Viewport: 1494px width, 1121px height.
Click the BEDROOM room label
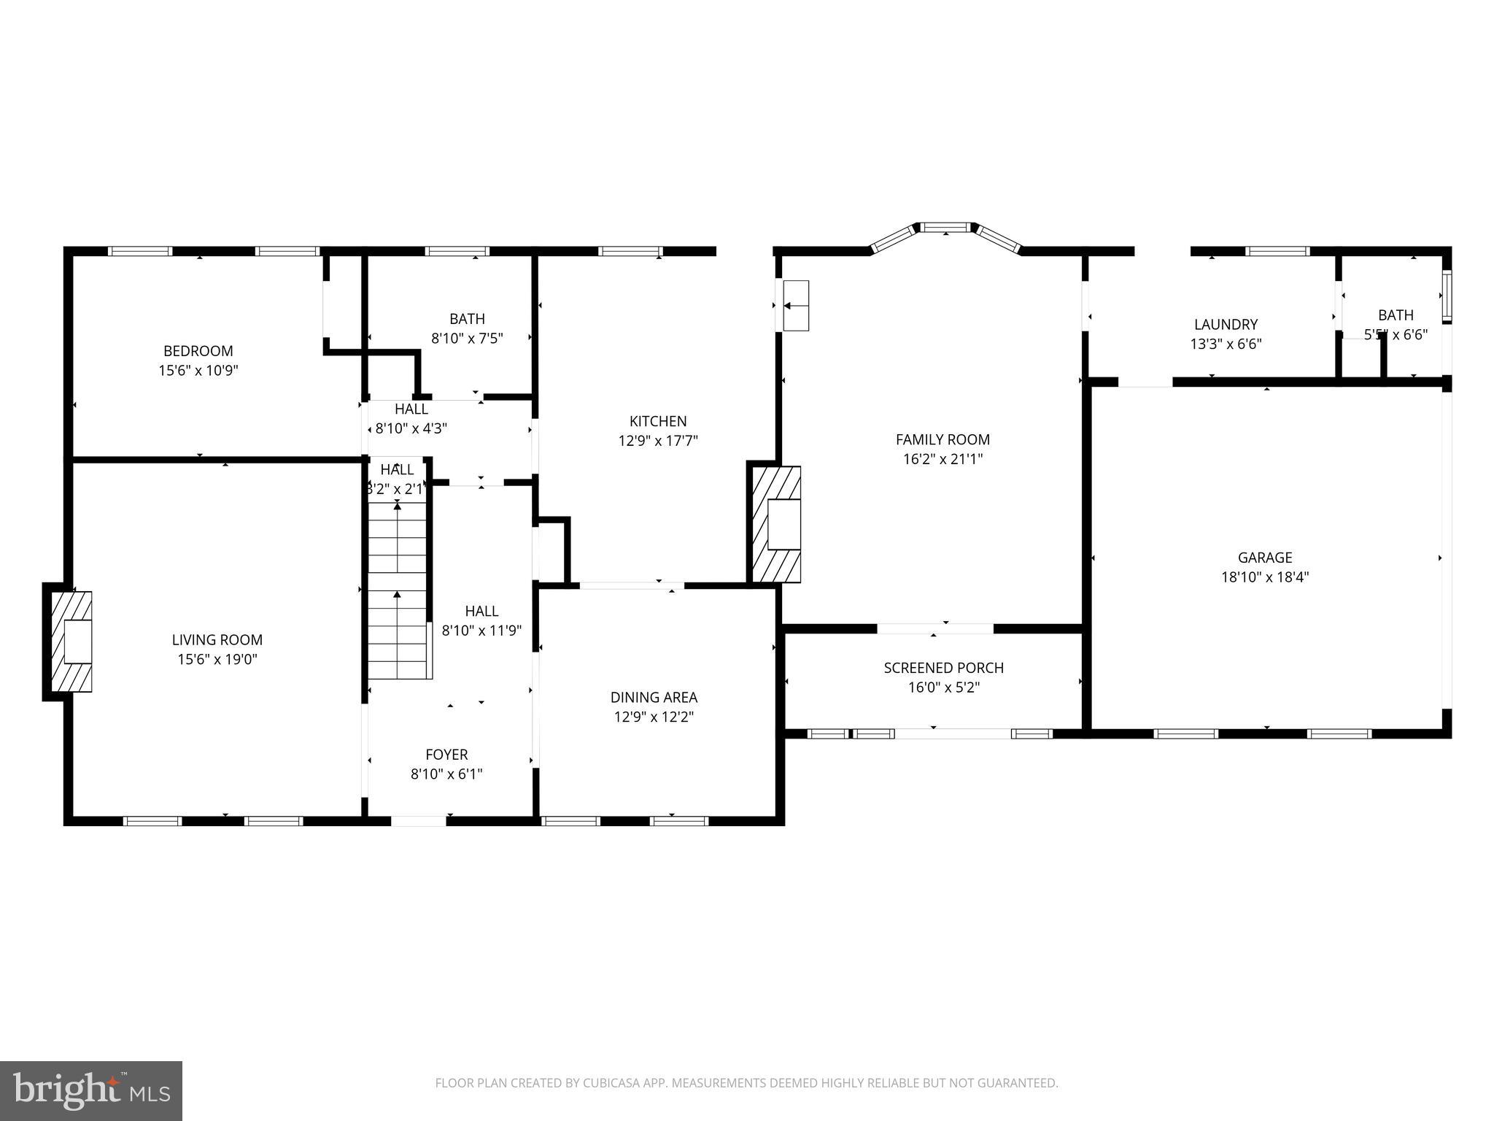pos(198,351)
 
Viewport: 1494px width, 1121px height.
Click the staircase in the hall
pos(397,588)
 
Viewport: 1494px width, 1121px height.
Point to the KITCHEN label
pos(658,421)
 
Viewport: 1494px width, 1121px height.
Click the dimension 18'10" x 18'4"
pos(1265,577)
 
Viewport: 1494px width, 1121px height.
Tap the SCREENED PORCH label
pos(943,668)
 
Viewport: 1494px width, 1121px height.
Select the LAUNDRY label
pos(1226,325)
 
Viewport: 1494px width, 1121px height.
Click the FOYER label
pos(446,755)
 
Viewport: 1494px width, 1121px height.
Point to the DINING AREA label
pos(654,698)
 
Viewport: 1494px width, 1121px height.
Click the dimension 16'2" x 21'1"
pos(943,459)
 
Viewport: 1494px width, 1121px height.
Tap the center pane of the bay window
pos(946,228)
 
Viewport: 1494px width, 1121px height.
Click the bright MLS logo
pos(91,1091)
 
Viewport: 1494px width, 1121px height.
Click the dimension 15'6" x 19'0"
pos(217,660)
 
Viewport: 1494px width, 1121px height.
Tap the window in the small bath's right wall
pos(1447,296)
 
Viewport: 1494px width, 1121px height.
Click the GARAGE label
pos(1265,558)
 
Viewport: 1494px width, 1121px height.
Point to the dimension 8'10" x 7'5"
pos(467,339)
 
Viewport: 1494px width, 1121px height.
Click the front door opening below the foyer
pos(419,821)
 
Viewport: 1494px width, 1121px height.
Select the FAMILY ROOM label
pos(943,439)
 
